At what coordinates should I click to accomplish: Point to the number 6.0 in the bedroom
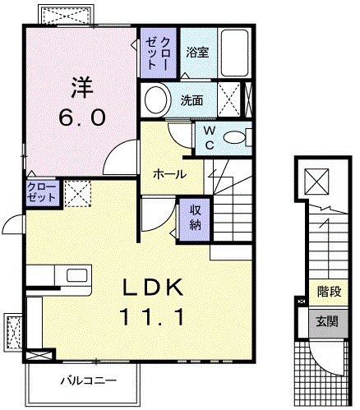[81, 117]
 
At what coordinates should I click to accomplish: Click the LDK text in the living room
[163, 288]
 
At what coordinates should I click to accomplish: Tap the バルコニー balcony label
[88, 381]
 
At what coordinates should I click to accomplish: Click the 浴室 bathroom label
[196, 52]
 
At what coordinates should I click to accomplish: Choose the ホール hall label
[168, 174]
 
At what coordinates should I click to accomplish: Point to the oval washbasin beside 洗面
[154, 101]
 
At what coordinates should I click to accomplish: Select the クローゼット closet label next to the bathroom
[157, 54]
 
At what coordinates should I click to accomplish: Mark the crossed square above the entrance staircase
[316, 181]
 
